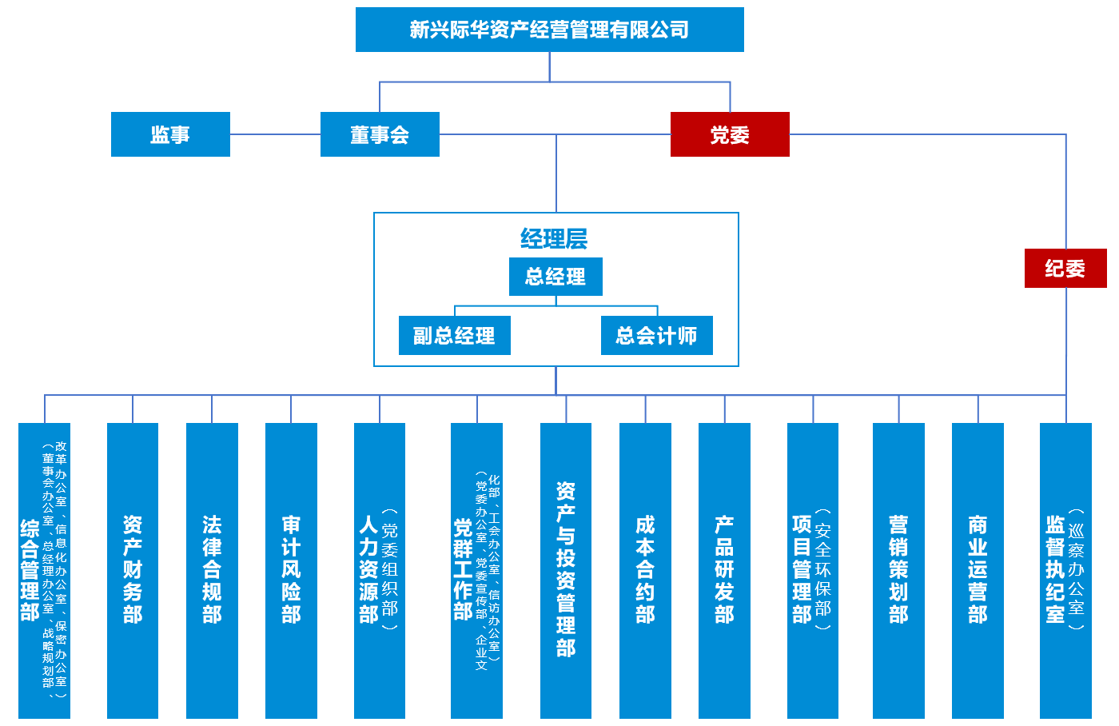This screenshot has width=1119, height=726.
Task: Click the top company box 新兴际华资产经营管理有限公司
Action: pos(549,30)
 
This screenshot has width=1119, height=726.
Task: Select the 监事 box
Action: pos(170,134)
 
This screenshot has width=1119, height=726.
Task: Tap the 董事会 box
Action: pos(380,134)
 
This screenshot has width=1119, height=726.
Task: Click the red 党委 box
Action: pos(730,134)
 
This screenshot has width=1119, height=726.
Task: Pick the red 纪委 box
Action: pos(1065,269)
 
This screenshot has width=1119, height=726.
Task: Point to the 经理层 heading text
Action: pos(554,238)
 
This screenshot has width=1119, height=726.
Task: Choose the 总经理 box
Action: pos(556,277)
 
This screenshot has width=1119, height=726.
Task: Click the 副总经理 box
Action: pos(454,336)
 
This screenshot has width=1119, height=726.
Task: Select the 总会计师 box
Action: pos(656,336)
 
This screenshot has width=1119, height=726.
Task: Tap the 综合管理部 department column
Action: pos(44,570)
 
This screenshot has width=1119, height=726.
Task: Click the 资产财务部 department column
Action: pos(133,570)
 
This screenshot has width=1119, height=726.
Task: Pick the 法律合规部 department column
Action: pos(212,570)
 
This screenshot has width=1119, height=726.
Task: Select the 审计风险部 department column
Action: pos(291,570)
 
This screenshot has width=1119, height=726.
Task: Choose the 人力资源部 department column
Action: pos(379,570)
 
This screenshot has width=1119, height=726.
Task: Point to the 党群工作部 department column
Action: pos(476,570)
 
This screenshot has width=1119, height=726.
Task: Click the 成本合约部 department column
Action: pos(645,570)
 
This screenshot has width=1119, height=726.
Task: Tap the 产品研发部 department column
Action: pos(724,570)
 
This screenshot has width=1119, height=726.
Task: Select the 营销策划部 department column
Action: pos(898,570)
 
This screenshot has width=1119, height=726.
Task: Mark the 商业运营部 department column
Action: pos(978,570)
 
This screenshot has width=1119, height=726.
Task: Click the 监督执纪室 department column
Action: pos(1065,570)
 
